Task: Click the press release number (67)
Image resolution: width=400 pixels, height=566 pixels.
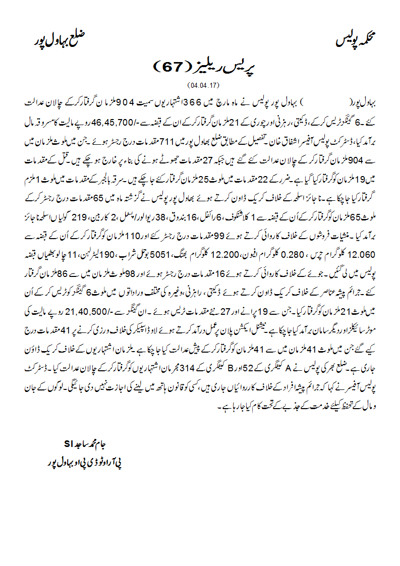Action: tap(172, 66)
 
